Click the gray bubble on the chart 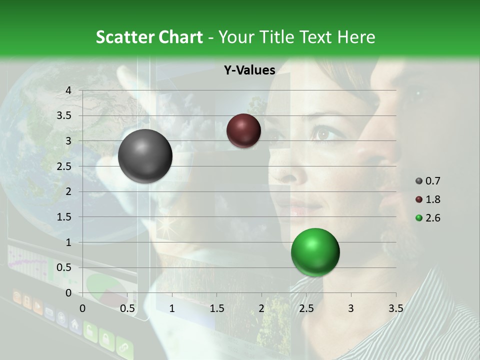tap(145, 156)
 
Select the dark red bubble tap(243, 130)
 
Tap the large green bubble tap(315, 252)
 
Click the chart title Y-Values tap(249, 70)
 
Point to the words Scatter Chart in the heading tap(149, 37)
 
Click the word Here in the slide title tap(355, 37)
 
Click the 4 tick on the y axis tap(68, 90)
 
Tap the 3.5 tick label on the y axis tap(65, 115)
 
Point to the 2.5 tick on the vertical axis tap(65, 166)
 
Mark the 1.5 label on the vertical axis tap(65, 217)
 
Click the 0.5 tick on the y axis tap(65, 268)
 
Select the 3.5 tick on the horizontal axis tap(395, 308)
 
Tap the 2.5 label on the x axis tap(306, 308)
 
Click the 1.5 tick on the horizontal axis tap(216, 308)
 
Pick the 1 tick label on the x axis tap(172, 308)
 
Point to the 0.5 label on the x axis tap(127, 308)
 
